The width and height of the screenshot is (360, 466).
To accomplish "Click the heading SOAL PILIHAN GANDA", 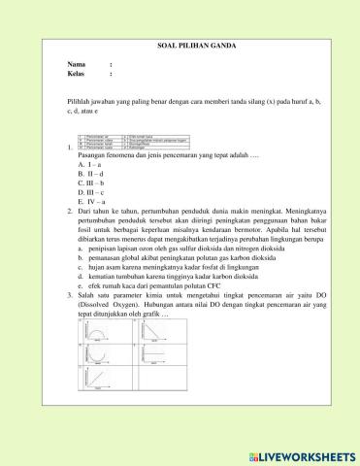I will click(180, 46).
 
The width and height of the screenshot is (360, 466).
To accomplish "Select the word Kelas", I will click(79, 74).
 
